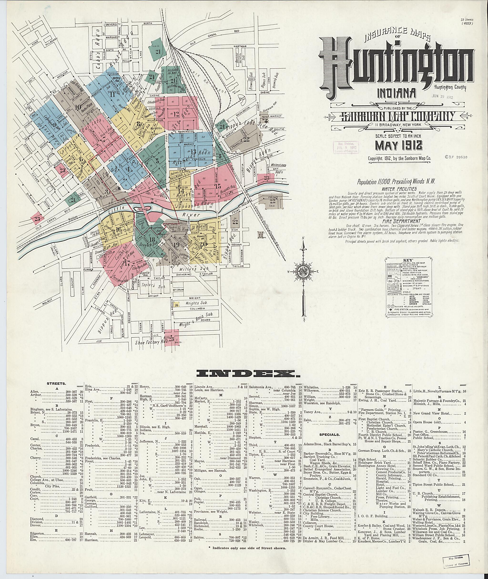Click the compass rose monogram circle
pos(304,272)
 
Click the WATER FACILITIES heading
pos(396,189)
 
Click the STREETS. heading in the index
pos(56,384)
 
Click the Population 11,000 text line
pos(396,182)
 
